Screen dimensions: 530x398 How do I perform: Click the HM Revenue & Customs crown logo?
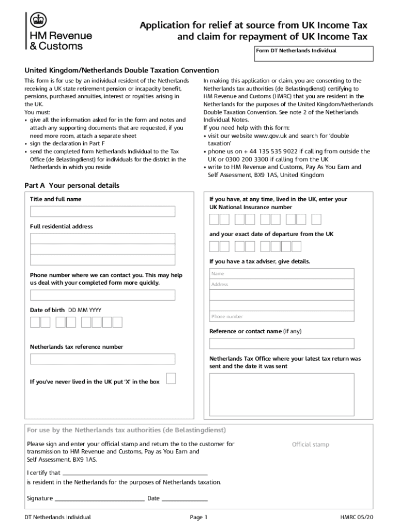coord(37,22)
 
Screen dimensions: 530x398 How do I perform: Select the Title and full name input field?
coord(102,211)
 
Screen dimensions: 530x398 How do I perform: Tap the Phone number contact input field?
coord(102,295)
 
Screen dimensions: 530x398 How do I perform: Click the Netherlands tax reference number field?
coord(102,359)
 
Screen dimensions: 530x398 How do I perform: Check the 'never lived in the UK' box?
coord(171,378)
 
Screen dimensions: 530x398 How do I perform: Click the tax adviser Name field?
coord(282,273)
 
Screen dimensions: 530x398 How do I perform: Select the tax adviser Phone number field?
coord(282,316)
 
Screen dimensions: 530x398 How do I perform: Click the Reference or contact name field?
coord(282,344)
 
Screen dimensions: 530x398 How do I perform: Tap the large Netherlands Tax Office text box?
coord(282,394)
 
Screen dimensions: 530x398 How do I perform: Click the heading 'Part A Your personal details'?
coord(72,185)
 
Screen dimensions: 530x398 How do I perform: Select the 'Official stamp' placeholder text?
coord(310,445)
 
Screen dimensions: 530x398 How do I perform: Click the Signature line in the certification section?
coord(99,498)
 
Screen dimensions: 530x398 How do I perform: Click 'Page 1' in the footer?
coord(198,517)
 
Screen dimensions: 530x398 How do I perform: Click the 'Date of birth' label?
coord(47,310)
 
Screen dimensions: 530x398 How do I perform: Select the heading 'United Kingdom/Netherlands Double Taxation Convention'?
coord(122,70)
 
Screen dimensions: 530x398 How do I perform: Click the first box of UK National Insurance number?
coord(214,219)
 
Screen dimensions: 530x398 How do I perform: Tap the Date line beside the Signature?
coord(185,498)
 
